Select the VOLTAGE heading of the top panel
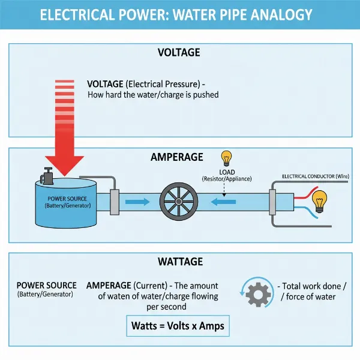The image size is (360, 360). [178, 53]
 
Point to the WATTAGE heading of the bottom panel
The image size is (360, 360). [179, 262]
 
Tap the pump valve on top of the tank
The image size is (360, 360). [46, 176]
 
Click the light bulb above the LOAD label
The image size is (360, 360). [227, 158]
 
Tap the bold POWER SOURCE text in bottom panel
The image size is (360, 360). [47, 285]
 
